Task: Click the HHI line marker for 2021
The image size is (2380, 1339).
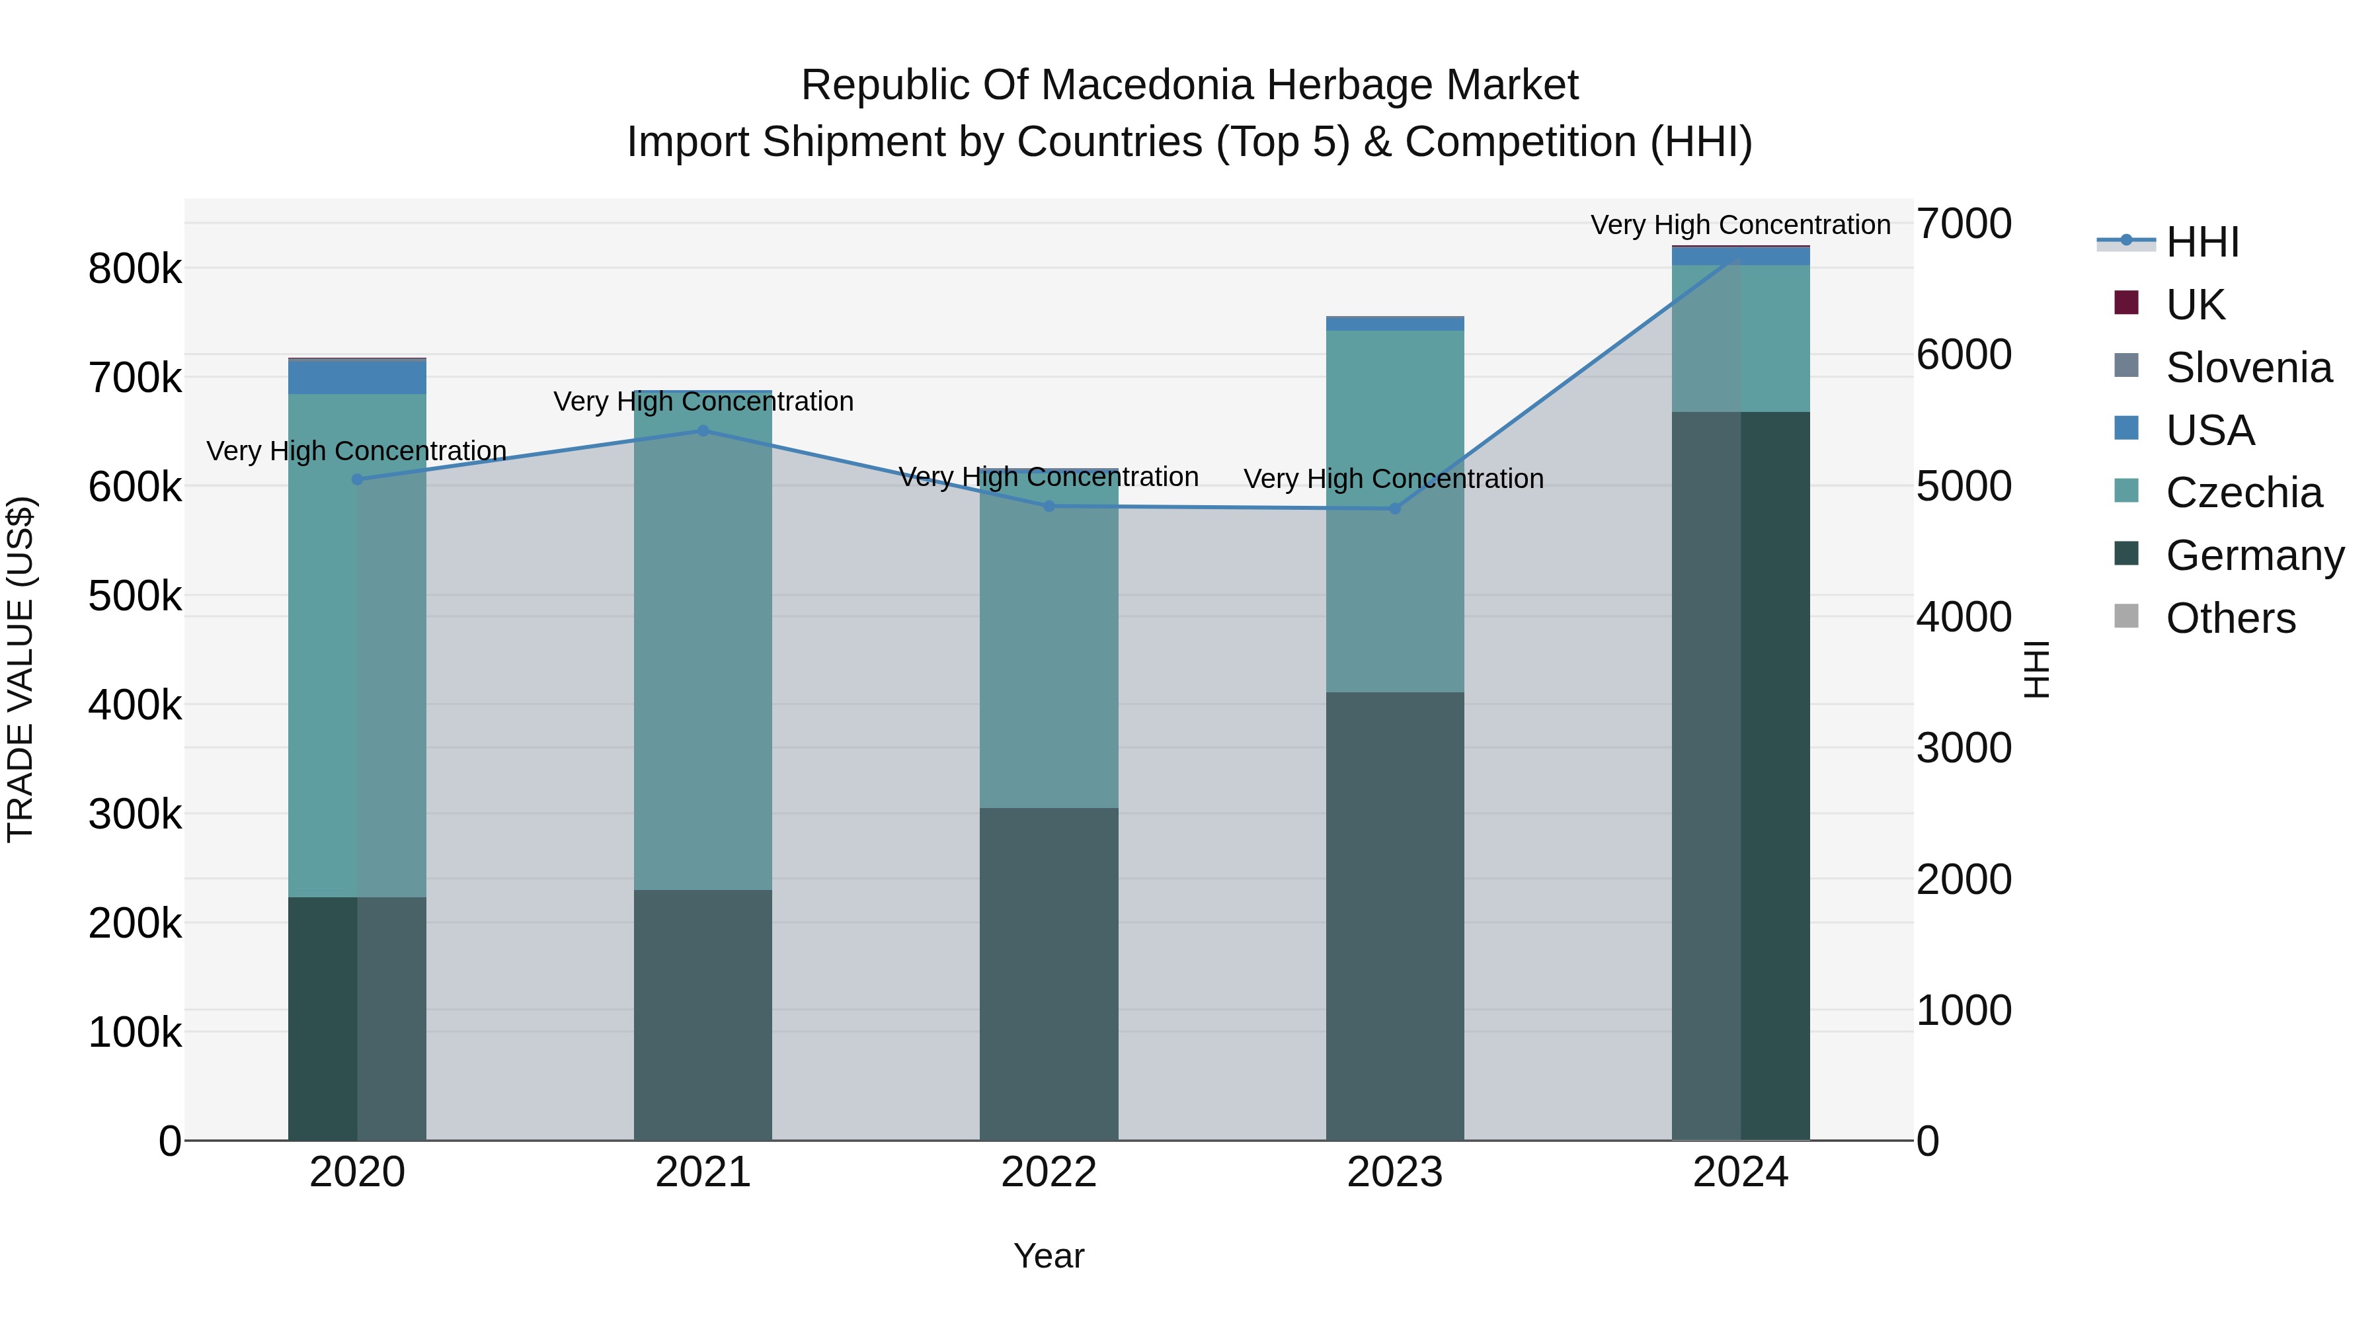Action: click(703, 430)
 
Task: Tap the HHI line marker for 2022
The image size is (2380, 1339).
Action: click(1049, 507)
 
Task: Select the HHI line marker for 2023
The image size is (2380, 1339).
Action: click(1395, 509)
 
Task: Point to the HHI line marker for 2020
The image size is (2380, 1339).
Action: click(358, 479)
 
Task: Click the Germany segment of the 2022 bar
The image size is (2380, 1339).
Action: click(1049, 974)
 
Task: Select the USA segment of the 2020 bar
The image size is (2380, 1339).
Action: click(358, 377)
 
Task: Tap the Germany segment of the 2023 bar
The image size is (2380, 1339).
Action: click(1395, 916)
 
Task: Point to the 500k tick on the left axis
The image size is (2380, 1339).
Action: click(135, 596)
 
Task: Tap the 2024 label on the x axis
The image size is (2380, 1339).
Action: click(1740, 1172)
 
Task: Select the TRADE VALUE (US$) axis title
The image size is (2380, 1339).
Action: click(20, 669)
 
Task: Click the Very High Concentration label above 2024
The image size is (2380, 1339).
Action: click(1740, 225)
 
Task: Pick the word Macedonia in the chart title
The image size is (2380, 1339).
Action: click(1148, 85)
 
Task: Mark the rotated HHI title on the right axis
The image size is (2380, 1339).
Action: click(2036, 669)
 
